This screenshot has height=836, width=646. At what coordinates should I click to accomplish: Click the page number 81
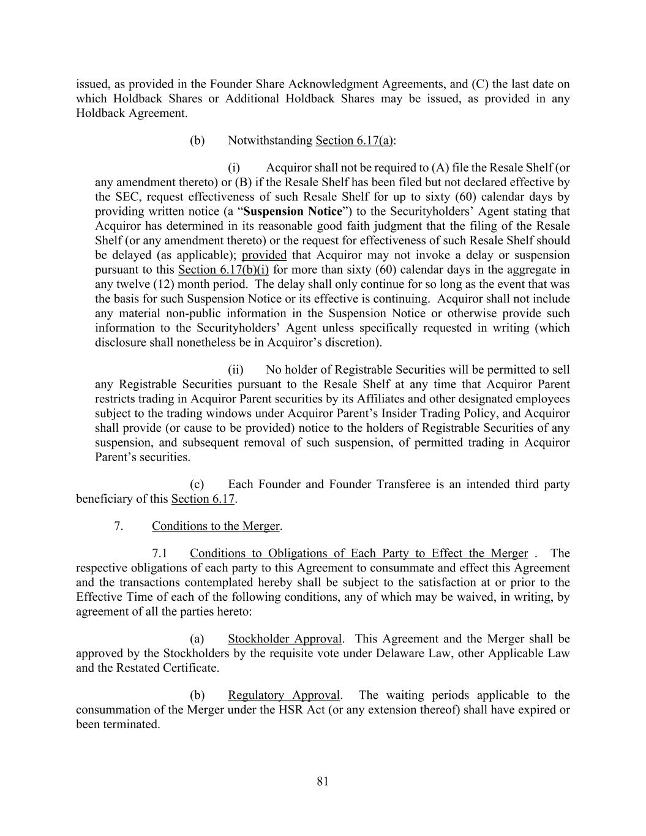pyautogui.click(x=323, y=781)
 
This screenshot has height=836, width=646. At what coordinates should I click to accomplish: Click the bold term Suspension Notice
pyautogui.click(x=292, y=211)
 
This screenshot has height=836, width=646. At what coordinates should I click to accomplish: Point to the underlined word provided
pyautogui.click(x=264, y=255)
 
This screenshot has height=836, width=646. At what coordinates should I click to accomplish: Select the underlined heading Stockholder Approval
pyautogui.click(x=285, y=639)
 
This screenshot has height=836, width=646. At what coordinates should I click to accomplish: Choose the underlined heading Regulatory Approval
pyautogui.click(x=284, y=695)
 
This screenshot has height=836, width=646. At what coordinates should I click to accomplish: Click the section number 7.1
pyautogui.click(x=160, y=554)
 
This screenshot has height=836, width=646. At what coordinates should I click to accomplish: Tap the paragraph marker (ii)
pyautogui.click(x=236, y=370)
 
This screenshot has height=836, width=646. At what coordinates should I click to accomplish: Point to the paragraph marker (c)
pyautogui.click(x=197, y=484)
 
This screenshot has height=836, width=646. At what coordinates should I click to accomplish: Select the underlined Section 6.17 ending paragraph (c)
pyautogui.click(x=203, y=499)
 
